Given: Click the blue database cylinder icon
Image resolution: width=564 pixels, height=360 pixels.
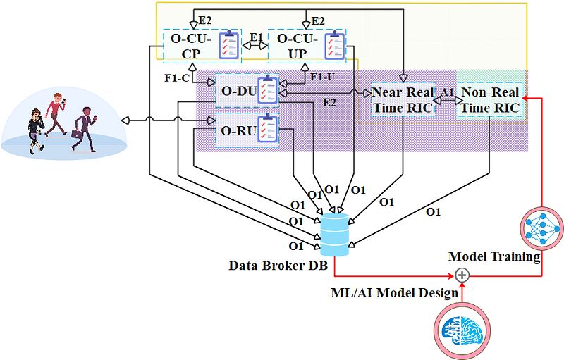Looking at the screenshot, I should click(x=333, y=234).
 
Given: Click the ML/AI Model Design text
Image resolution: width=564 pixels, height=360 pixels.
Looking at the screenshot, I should click(x=393, y=291).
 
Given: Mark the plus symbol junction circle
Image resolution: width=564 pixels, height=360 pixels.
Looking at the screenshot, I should click(x=462, y=275).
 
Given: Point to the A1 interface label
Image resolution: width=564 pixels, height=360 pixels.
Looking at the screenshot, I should click(x=446, y=92).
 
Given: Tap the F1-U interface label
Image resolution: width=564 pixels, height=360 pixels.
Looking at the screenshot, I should click(x=321, y=75).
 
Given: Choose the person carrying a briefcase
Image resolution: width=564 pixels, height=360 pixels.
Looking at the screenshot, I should click(x=83, y=128).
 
